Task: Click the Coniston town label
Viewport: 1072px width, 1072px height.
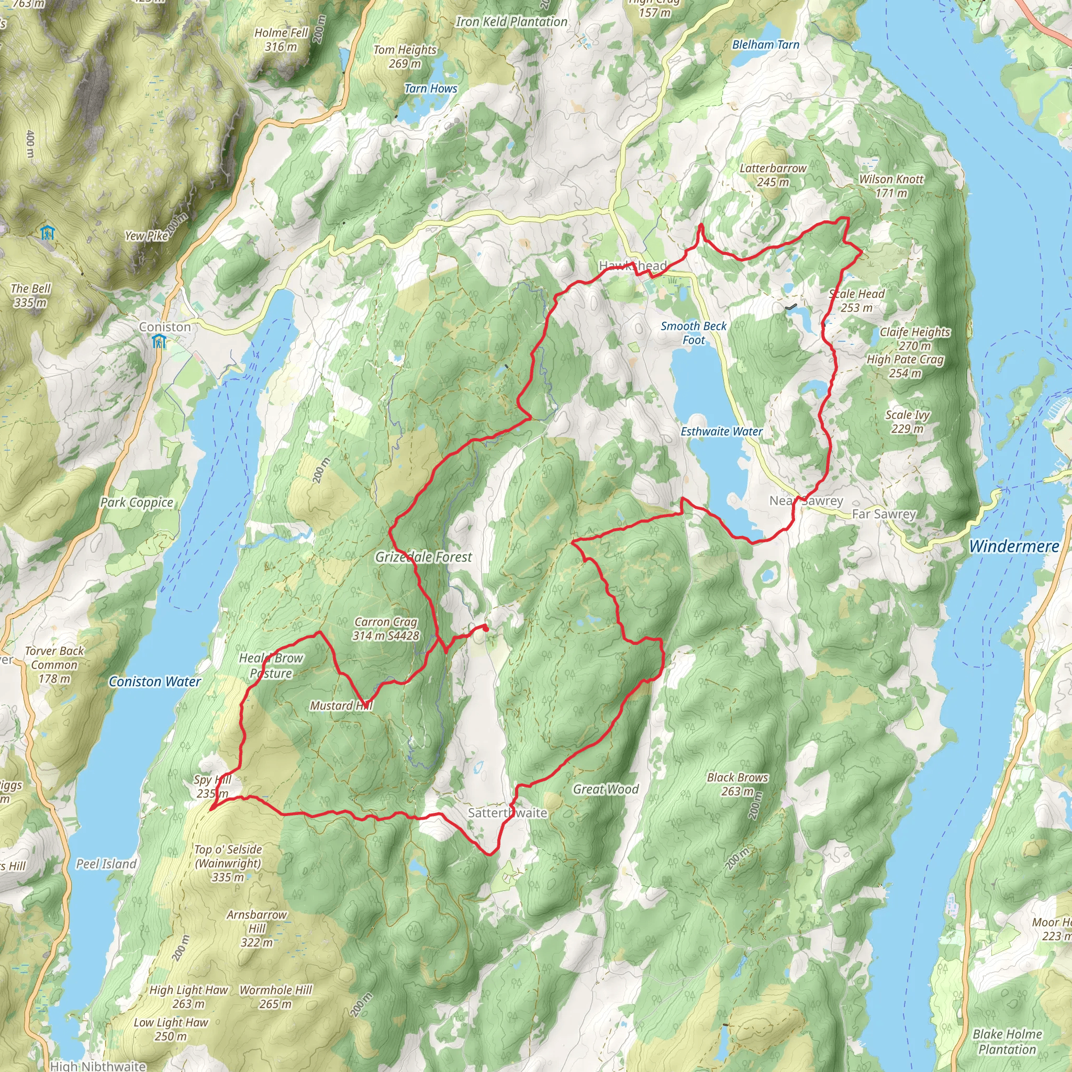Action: tap(165, 327)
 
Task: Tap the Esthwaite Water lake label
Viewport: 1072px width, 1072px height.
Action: tap(721, 432)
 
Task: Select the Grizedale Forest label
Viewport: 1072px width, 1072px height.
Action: tap(423, 557)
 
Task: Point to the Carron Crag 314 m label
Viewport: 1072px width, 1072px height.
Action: tap(386, 629)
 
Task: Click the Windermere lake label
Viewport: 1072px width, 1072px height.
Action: tap(1014, 546)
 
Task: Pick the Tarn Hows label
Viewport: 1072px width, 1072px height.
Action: tap(431, 89)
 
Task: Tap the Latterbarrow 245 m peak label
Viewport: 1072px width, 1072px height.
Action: tap(773, 175)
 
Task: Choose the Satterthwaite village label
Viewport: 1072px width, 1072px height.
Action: tap(507, 813)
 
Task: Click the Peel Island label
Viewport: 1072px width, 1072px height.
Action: tap(106, 864)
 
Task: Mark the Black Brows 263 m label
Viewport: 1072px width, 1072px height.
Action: tap(738, 784)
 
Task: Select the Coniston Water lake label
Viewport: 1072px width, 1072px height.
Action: tap(155, 682)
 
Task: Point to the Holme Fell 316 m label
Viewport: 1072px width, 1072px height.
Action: tap(281, 40)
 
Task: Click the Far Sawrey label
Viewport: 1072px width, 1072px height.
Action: tap(884, 515)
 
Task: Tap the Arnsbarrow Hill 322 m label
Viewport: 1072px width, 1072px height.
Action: tap(256, 928)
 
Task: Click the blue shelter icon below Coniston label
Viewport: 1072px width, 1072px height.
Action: tap(159, 342)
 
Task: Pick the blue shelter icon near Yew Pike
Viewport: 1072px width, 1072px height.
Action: tap(48, 232)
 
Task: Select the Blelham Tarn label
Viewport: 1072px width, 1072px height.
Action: tap(766, 45)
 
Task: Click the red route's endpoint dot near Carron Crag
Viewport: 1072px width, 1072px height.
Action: tap(486, 629)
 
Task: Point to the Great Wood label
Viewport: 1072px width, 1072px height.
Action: tap(606, 789)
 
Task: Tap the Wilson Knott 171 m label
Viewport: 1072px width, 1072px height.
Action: tap(891, 186)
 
